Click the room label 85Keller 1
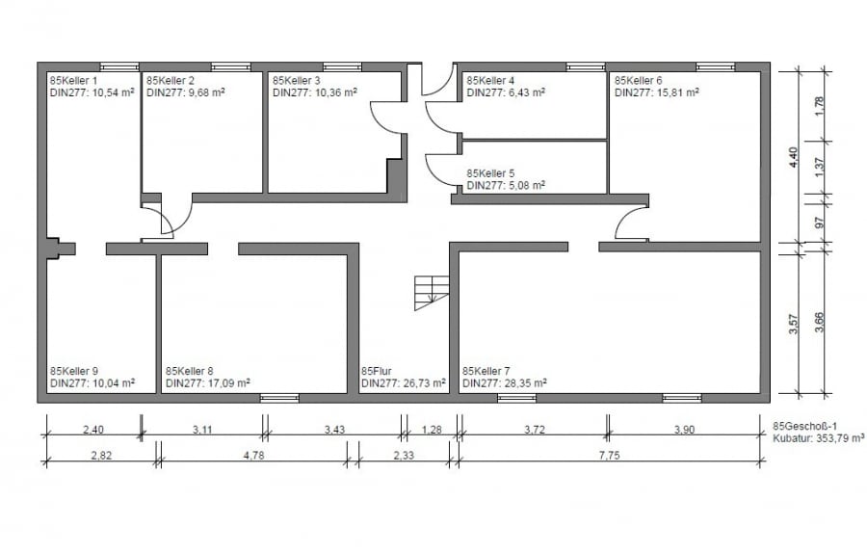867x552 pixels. [73, 81]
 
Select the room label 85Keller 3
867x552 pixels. [297, 81]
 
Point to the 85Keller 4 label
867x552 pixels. [490, 81]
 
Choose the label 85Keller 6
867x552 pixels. [638, 81]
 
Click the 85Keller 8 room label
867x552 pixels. [189, 371]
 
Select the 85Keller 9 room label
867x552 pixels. [74, 371]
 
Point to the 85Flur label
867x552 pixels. [377, 371]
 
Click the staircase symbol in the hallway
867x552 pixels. [432, 293]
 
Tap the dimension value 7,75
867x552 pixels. [609, 456]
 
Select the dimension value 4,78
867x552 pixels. [253, 456]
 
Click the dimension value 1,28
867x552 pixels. [432, 430]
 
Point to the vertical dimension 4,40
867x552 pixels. [794, 158]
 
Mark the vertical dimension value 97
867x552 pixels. [820, 223]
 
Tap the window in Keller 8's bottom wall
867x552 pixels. [279, 398]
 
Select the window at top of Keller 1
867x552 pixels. [119, 66]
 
